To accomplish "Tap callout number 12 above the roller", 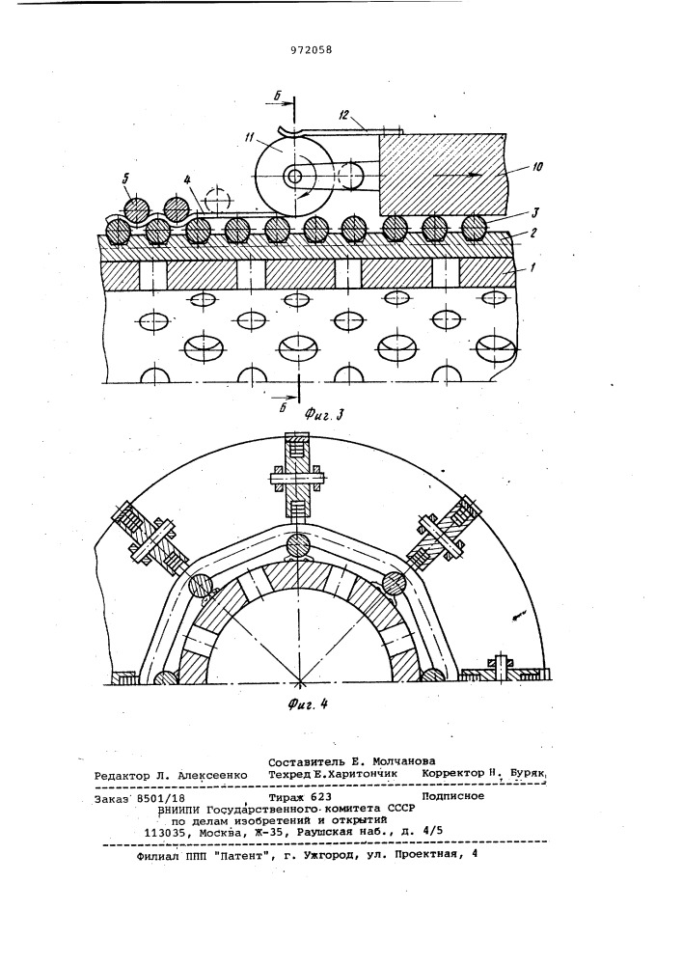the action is pos(342,115).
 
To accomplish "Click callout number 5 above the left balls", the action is pos(125,179).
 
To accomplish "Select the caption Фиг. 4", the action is pos(306,703).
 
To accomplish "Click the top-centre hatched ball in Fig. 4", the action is pos(299,546).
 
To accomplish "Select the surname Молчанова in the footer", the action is pos(405,760).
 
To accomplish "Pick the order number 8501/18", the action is pos(161,798).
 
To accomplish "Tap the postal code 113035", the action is pos(162,832).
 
